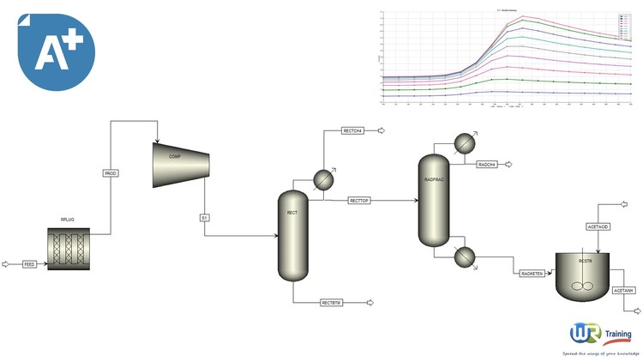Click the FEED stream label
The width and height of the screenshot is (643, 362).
click(29, 264)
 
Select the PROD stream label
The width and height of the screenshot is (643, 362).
click(111, 173)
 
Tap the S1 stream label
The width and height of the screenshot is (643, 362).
click(205, 218)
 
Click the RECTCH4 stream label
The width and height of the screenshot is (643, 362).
click(352, 131)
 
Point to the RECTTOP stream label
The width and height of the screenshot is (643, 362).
click(359, 201)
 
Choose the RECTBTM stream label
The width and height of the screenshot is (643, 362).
click(332, 303)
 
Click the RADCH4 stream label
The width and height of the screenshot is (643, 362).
click(488, 163)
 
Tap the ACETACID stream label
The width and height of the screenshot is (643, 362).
click(598, 226)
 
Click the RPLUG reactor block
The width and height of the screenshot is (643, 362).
click(69, 249)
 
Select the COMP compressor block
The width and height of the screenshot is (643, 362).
click(181, 164)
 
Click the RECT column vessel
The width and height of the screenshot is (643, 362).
click(292, 236)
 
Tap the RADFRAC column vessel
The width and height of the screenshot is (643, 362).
click(432, 199)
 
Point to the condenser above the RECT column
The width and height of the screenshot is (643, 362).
click(323, 178)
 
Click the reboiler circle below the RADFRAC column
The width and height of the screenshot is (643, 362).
click(465, 256)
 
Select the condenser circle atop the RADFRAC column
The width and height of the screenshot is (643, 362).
click(464, 143)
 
